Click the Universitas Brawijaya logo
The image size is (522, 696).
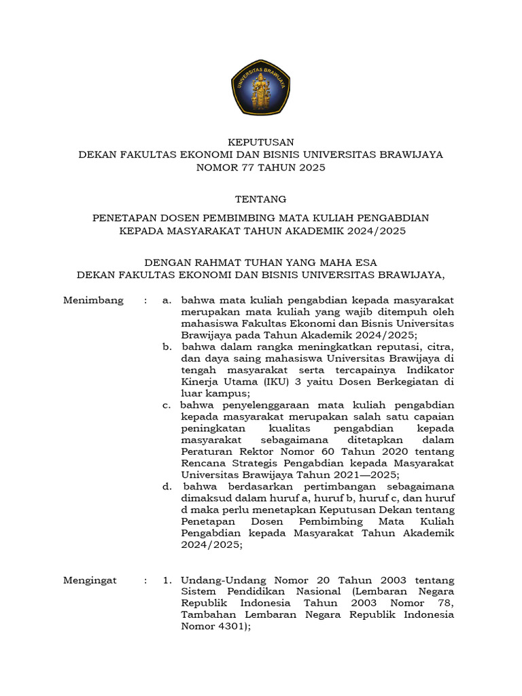click(x=261, y=86)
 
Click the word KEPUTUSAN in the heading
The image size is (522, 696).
click(x=261, y=142)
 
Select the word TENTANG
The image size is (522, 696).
click(x=261, y=199)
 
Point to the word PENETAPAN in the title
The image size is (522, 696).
click(x=124, y=217)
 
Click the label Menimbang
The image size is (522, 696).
click(x=93, y=300)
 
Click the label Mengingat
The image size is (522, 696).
click(x=90, y=580)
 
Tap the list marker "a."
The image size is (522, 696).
click(x=167, y=300)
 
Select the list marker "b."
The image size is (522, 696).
click(x=167, y=347)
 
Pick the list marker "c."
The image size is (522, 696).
click(x=167, y=405)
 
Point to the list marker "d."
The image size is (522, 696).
click(x=167, y=487)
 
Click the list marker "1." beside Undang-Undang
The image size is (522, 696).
click(x=167, y=580)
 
